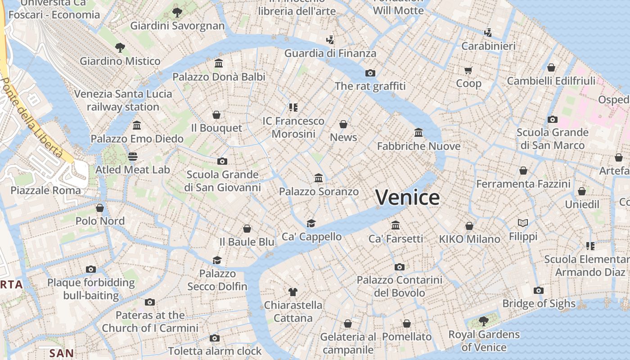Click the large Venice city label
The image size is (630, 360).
[x=407, y=198]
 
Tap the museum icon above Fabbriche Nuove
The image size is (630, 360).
[x=418, y=132]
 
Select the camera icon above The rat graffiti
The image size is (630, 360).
[x=370, y=73]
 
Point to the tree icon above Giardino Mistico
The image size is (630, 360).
[x=120, y=47]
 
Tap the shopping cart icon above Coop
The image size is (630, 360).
[x=468, y=70]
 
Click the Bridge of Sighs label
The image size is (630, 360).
[x=539, y=304]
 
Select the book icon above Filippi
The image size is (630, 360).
[x=523, y=223]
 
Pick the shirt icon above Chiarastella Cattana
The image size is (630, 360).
[x=293, y=292]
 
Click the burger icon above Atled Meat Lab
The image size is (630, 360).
[x=132, y=157]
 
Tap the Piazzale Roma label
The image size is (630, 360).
[x=45, y=190]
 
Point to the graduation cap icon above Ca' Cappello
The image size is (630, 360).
[x=311, y=223]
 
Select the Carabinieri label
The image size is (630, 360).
[x=488, y=46]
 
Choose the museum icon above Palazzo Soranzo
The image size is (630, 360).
[x=319, y=178]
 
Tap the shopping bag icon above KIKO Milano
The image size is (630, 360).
[x=469, y=226]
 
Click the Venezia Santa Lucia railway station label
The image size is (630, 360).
[x=123, y=100]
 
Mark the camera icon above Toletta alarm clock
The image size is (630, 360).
[x=215, y=338]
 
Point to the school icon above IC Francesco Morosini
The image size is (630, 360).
[x=293, y=108]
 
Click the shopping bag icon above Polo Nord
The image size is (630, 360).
[x=100, y=208]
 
